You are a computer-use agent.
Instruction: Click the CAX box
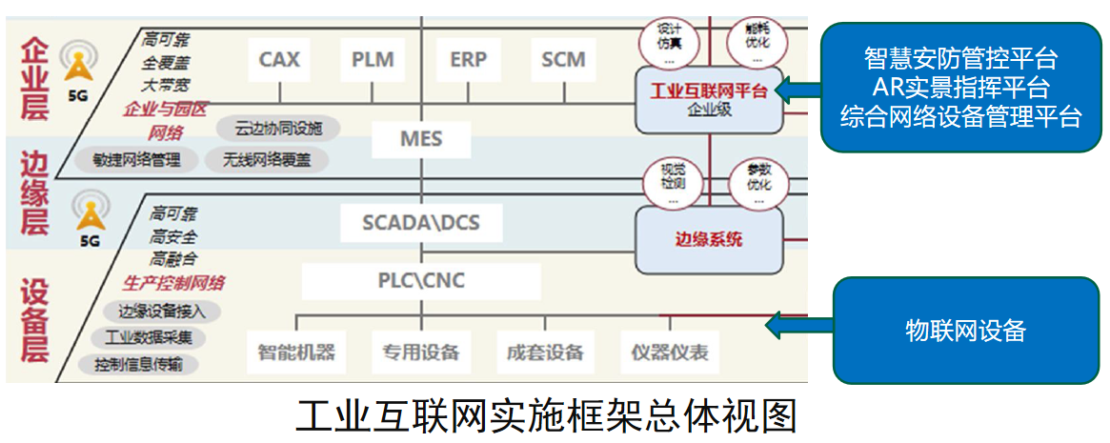(279, 60)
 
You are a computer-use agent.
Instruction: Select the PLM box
(373, 60)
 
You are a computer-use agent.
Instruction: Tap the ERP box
(468, 60)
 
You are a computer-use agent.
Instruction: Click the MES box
(421, 139)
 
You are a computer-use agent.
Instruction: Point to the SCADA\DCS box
(420, 223)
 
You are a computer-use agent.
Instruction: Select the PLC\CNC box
(420, 280)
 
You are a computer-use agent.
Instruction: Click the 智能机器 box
(296, 352)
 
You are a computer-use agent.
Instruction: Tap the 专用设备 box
(421, 352)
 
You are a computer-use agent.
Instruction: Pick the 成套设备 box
(545, 352)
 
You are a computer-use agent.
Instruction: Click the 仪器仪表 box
(670, 352)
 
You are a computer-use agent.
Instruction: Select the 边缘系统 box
(708, 239)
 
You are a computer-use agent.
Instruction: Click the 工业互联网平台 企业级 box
(708, 99)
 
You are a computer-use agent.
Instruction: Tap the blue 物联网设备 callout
(965, 331)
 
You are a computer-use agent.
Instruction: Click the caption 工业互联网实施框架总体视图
(545, 415)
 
